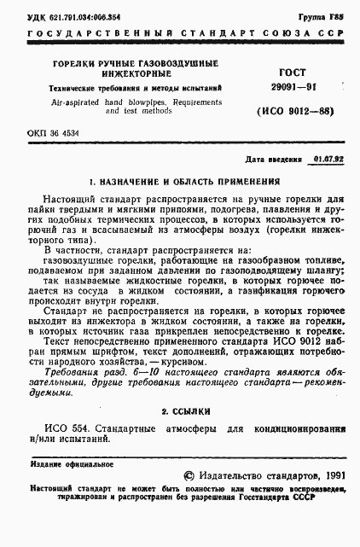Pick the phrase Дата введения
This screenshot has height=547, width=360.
[273, 159]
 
